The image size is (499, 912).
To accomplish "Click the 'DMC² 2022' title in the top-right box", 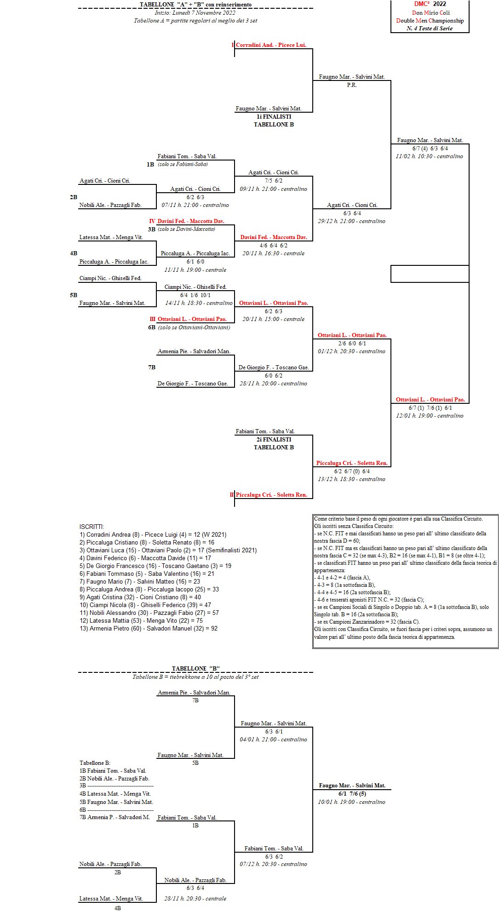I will [x=430, y=4].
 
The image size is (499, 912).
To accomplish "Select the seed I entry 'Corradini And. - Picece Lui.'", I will [x=270, y=45].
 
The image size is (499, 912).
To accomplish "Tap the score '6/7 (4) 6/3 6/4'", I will [x=430, y=149].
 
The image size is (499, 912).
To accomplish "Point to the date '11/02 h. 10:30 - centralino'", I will [x=429, y=156].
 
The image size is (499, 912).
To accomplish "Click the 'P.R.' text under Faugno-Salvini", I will [x=352, y=85].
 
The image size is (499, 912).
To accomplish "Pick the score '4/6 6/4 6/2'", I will [x=273, y=246].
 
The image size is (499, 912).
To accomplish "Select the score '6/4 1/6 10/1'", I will [x=195, y=295].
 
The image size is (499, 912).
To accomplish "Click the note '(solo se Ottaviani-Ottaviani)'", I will [x=194, y=327].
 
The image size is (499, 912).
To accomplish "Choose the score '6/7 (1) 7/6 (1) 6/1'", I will [x=430, y=408].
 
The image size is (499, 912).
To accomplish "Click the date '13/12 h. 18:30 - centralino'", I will [x=351, y=479].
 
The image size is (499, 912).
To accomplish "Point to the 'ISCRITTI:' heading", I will [x=92, y=527].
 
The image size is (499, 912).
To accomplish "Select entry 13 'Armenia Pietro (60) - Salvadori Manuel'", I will [x=149, y=628].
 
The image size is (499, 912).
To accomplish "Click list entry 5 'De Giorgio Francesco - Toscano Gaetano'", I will [x=155, y=566].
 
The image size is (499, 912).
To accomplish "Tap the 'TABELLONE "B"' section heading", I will [x=195, y=668].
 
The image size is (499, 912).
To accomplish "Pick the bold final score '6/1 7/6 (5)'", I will [x=352, y=794].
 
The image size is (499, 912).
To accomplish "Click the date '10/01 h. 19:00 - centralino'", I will [x=351, y=802].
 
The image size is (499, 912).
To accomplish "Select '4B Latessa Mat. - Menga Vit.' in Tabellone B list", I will [x=115, y=794].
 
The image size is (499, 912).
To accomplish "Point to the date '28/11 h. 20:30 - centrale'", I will [x=195, y=899].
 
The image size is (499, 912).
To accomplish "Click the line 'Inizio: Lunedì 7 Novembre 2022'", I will [x=195, y=13].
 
